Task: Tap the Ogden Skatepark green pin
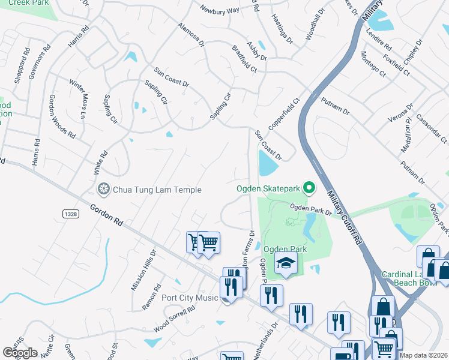point(309,188)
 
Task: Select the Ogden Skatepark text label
point(267,189)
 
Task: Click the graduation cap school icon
point(286,262)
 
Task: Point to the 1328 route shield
point(70,214)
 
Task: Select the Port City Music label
point(190,298)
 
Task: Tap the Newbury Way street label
point(220,10)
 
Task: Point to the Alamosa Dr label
point(191,35)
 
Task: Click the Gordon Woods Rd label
point(62,116)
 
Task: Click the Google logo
point(20,353)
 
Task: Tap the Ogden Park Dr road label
point(311,209)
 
